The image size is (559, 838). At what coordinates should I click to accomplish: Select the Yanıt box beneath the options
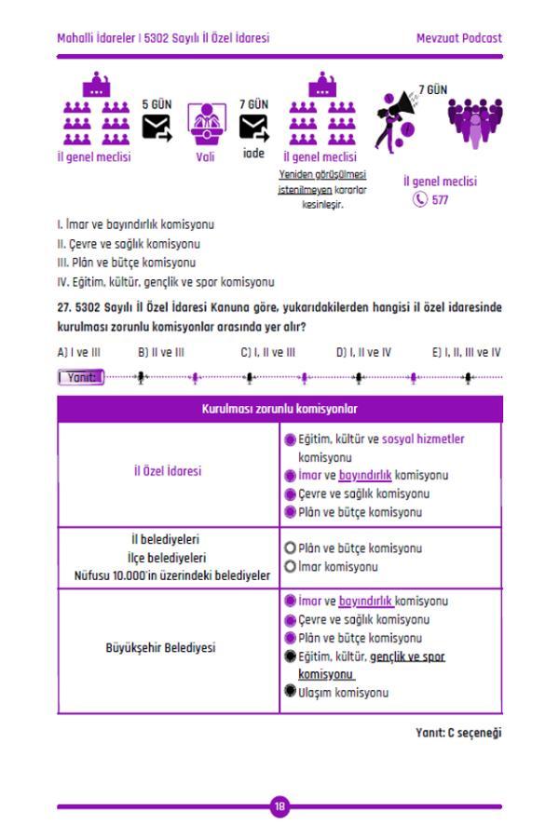click(x=79, y=378)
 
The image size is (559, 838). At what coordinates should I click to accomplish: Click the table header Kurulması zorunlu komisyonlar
click(x=279, y=408)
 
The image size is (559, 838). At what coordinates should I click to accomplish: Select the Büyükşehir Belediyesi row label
click(x=168, y=642)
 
